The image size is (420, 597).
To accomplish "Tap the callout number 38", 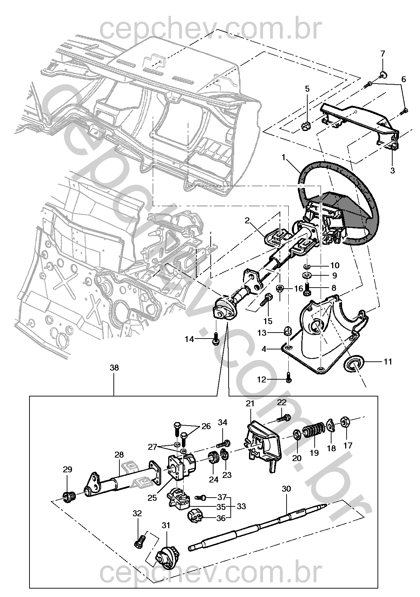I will tap(114, 368).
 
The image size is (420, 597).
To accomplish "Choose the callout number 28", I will tap(119, 454).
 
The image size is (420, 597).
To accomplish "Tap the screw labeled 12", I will tap(289, 378).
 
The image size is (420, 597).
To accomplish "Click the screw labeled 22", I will tap(284, 418).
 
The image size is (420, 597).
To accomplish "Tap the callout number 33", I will tap(241, 506).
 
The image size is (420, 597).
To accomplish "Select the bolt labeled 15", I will tap(266, 299).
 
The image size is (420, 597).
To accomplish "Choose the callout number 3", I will tap(392, 171).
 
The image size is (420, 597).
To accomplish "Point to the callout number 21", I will tap(250, 404).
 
